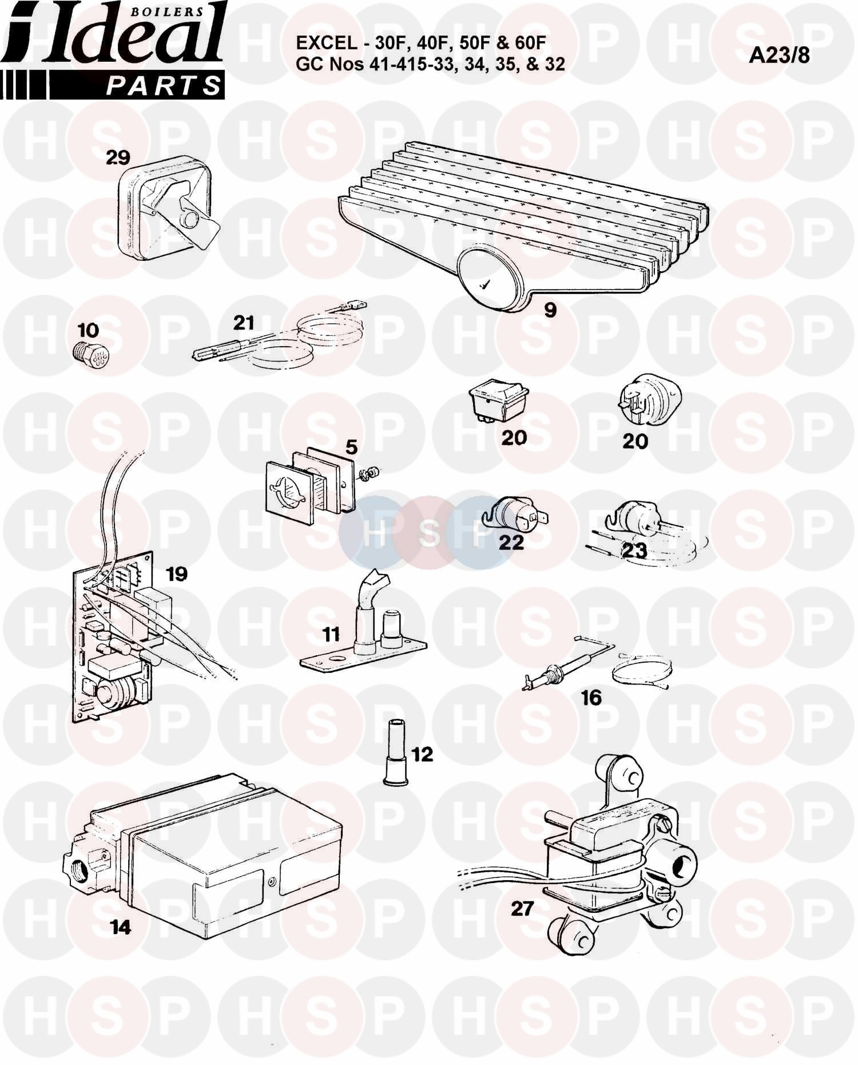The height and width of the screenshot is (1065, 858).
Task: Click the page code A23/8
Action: tap(779, 55)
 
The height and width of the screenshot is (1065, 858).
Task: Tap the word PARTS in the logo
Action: tap(164, 85)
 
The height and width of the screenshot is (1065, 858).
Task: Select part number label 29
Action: tap(118, 158)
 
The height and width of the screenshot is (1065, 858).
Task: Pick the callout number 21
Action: tap(243, 323)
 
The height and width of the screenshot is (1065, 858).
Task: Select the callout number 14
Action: tap(121, 927)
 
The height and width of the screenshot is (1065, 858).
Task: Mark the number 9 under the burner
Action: tap(550, 310)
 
